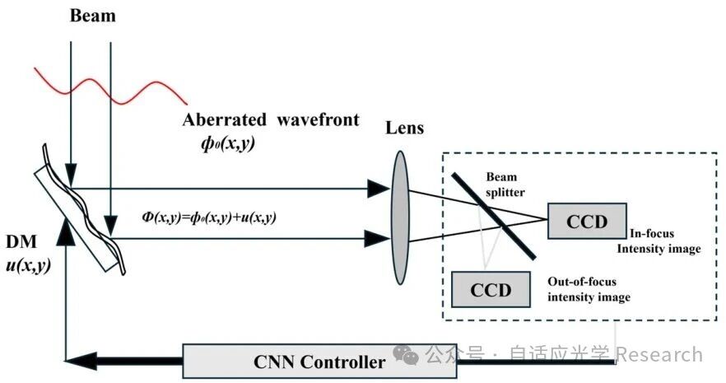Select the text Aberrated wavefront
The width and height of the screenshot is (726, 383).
tap(271, 121)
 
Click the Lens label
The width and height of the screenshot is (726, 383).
tap(404, 128)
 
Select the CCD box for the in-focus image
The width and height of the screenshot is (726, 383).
tap(585, 221)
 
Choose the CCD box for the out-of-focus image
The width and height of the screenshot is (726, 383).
tap(491, 289)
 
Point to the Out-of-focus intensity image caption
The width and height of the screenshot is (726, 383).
tap(589, 289)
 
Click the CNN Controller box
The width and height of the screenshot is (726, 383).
tap(319, 361)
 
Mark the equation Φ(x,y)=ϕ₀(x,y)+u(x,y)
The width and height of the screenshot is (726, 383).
tap(209, 217)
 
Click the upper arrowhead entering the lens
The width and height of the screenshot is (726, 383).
tap(378, 189)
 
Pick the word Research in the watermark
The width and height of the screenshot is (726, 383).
tap(659, 355)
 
